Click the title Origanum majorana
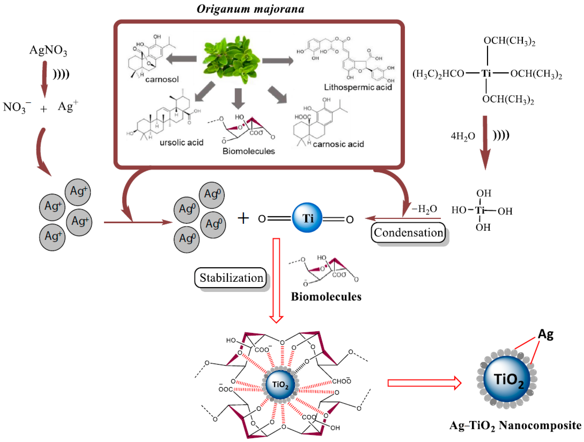[250, 9]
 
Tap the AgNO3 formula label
[48, 50]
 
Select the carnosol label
[162, 79]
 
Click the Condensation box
[408, 233]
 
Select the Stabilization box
[231, 278]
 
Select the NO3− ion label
[16, 107]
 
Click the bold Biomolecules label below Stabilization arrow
[326, 297]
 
